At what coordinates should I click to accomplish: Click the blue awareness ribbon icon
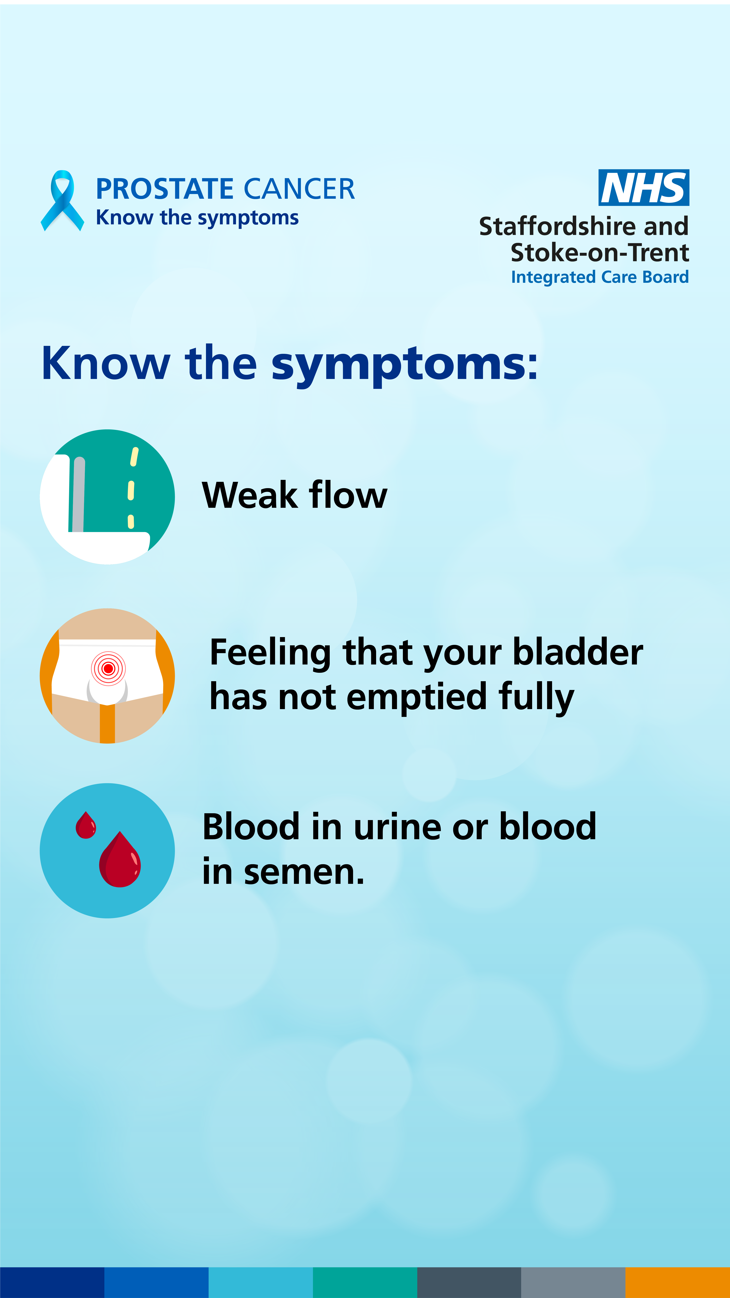[62, 201]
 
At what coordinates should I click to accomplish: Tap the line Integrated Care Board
[599, 277]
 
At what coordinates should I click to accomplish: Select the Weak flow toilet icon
[107, 497]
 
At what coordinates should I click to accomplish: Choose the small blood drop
[86, 825]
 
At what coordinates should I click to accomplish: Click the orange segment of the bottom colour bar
[678, 1283]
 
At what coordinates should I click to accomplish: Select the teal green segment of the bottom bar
[365, 1283]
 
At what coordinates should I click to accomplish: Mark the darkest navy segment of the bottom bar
[52, 1283]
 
